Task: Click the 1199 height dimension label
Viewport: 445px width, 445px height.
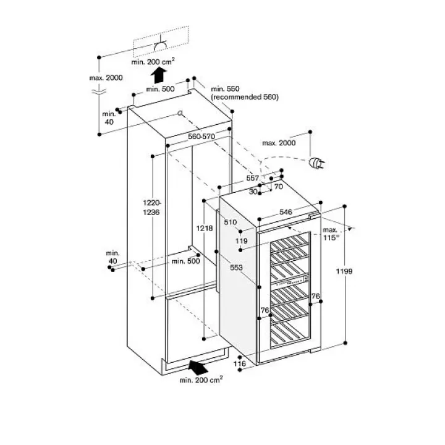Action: (344, 271)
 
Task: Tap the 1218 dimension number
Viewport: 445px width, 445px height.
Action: (205, 228)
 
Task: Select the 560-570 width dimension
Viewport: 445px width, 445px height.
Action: (201, 137)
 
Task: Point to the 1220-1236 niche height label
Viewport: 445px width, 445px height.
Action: (151, 208)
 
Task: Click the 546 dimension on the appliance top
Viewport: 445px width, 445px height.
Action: (286, 212)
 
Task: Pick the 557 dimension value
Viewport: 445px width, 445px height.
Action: (252, 178)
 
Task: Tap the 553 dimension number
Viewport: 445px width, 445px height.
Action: (236, 268)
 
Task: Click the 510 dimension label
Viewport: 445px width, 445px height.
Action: (230, 222)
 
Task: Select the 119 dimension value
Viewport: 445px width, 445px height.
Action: (241, 241)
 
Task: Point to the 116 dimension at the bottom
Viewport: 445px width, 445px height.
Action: (240, 363)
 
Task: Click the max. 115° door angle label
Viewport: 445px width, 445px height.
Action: (331, 234)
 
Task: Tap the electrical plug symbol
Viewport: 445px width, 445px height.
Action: (316, 163)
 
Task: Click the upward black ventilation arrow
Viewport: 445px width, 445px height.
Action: (158, 75)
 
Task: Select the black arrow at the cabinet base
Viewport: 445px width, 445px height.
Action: (198, 367)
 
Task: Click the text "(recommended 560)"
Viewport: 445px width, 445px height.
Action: (245, 97)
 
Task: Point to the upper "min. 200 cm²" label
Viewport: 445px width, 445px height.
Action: (153, 62)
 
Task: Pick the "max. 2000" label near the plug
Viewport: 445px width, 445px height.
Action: (279, 143)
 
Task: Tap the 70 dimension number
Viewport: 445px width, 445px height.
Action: (278, 187)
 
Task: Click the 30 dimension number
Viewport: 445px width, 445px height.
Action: (253, 192)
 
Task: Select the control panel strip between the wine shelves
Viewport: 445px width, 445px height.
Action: (289, 280)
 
